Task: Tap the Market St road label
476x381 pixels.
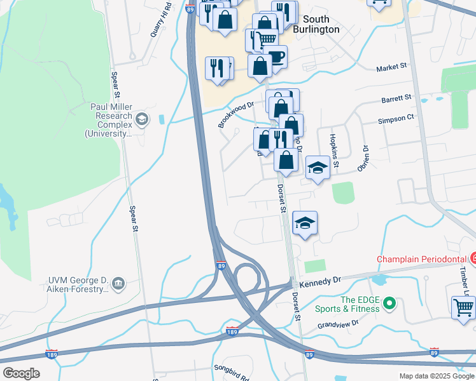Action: (391, 67)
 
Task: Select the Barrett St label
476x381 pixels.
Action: (397, 100)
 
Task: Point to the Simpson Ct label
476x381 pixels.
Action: (396, 118)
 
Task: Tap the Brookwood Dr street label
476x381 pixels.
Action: (235, 114)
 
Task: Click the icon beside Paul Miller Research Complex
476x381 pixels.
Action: (141, 118)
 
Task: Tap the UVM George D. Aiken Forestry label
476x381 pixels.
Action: (79, 284)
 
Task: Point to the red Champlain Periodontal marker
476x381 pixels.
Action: (472, 258)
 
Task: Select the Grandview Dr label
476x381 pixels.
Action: (339, 325)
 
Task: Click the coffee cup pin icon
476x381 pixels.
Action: (276, 57)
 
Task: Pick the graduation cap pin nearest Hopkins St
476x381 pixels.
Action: (318, 168)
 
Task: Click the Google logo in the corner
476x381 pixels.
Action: (21, 373)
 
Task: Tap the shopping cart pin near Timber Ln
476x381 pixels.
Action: (463, 307)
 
